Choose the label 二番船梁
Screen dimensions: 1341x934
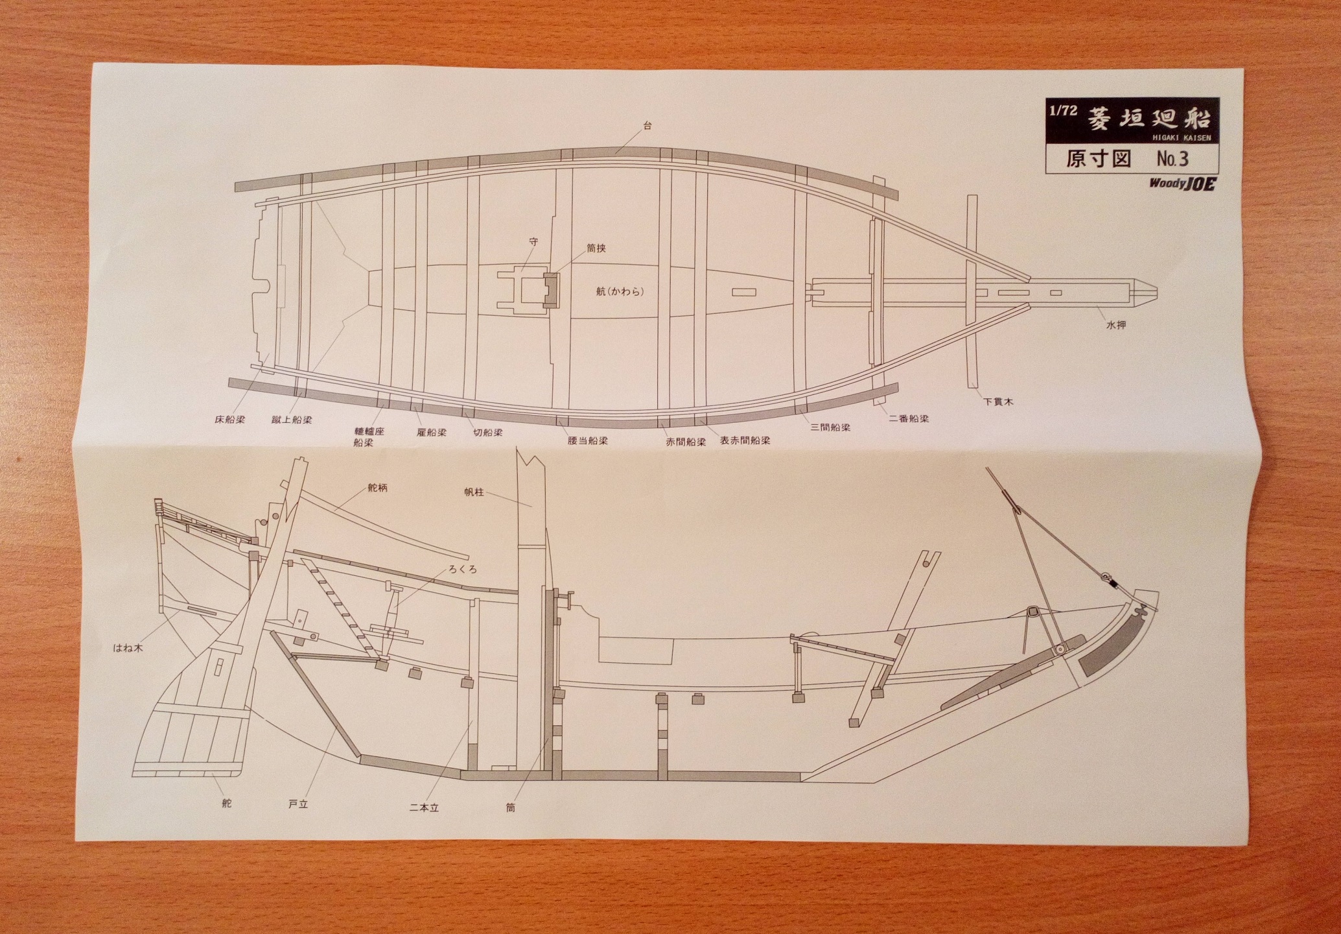click(909, 418)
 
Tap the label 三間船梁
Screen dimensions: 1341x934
click(830, 427)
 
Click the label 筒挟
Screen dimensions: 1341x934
click(596, 248)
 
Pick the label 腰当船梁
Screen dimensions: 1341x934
click(587, 440)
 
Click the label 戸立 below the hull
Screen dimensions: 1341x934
click(297, 804)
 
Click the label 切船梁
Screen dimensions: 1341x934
click(488, 432)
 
